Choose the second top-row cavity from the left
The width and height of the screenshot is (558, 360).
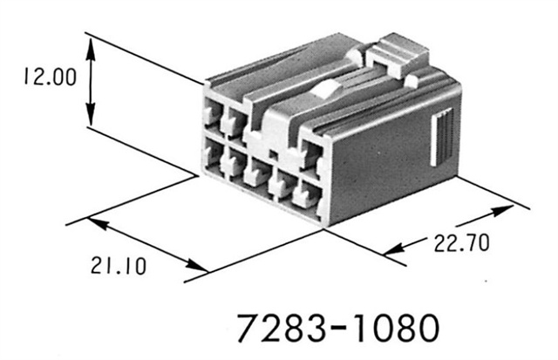(234, 119)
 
